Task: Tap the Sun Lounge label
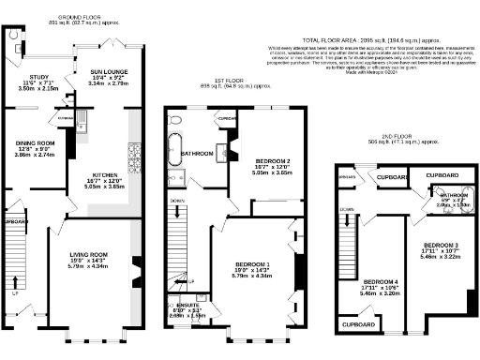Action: point(109,71)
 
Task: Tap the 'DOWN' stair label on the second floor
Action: point(347,208)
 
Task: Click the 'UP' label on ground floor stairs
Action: point(13,292)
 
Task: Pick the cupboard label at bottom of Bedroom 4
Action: point(361,324)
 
